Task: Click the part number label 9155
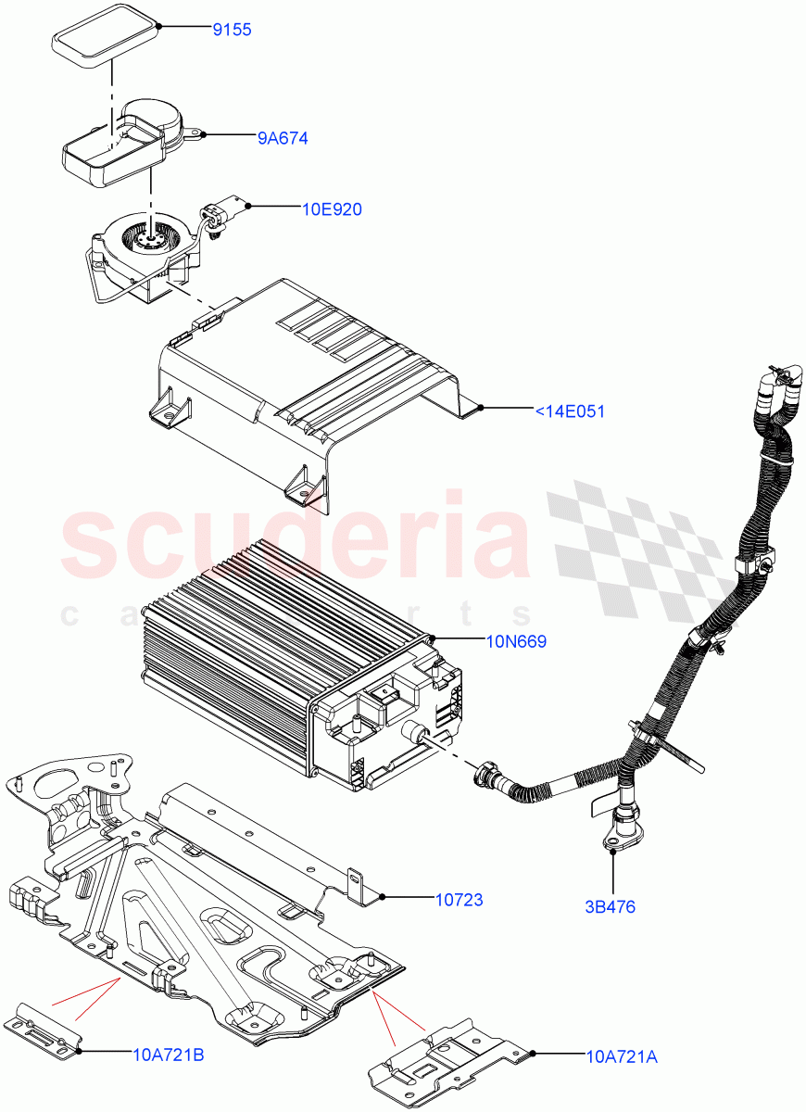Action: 232,30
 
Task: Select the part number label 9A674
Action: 282,138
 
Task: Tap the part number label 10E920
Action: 332,209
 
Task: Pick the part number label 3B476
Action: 610,907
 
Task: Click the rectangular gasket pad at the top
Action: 104,36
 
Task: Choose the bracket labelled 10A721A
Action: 445,1056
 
